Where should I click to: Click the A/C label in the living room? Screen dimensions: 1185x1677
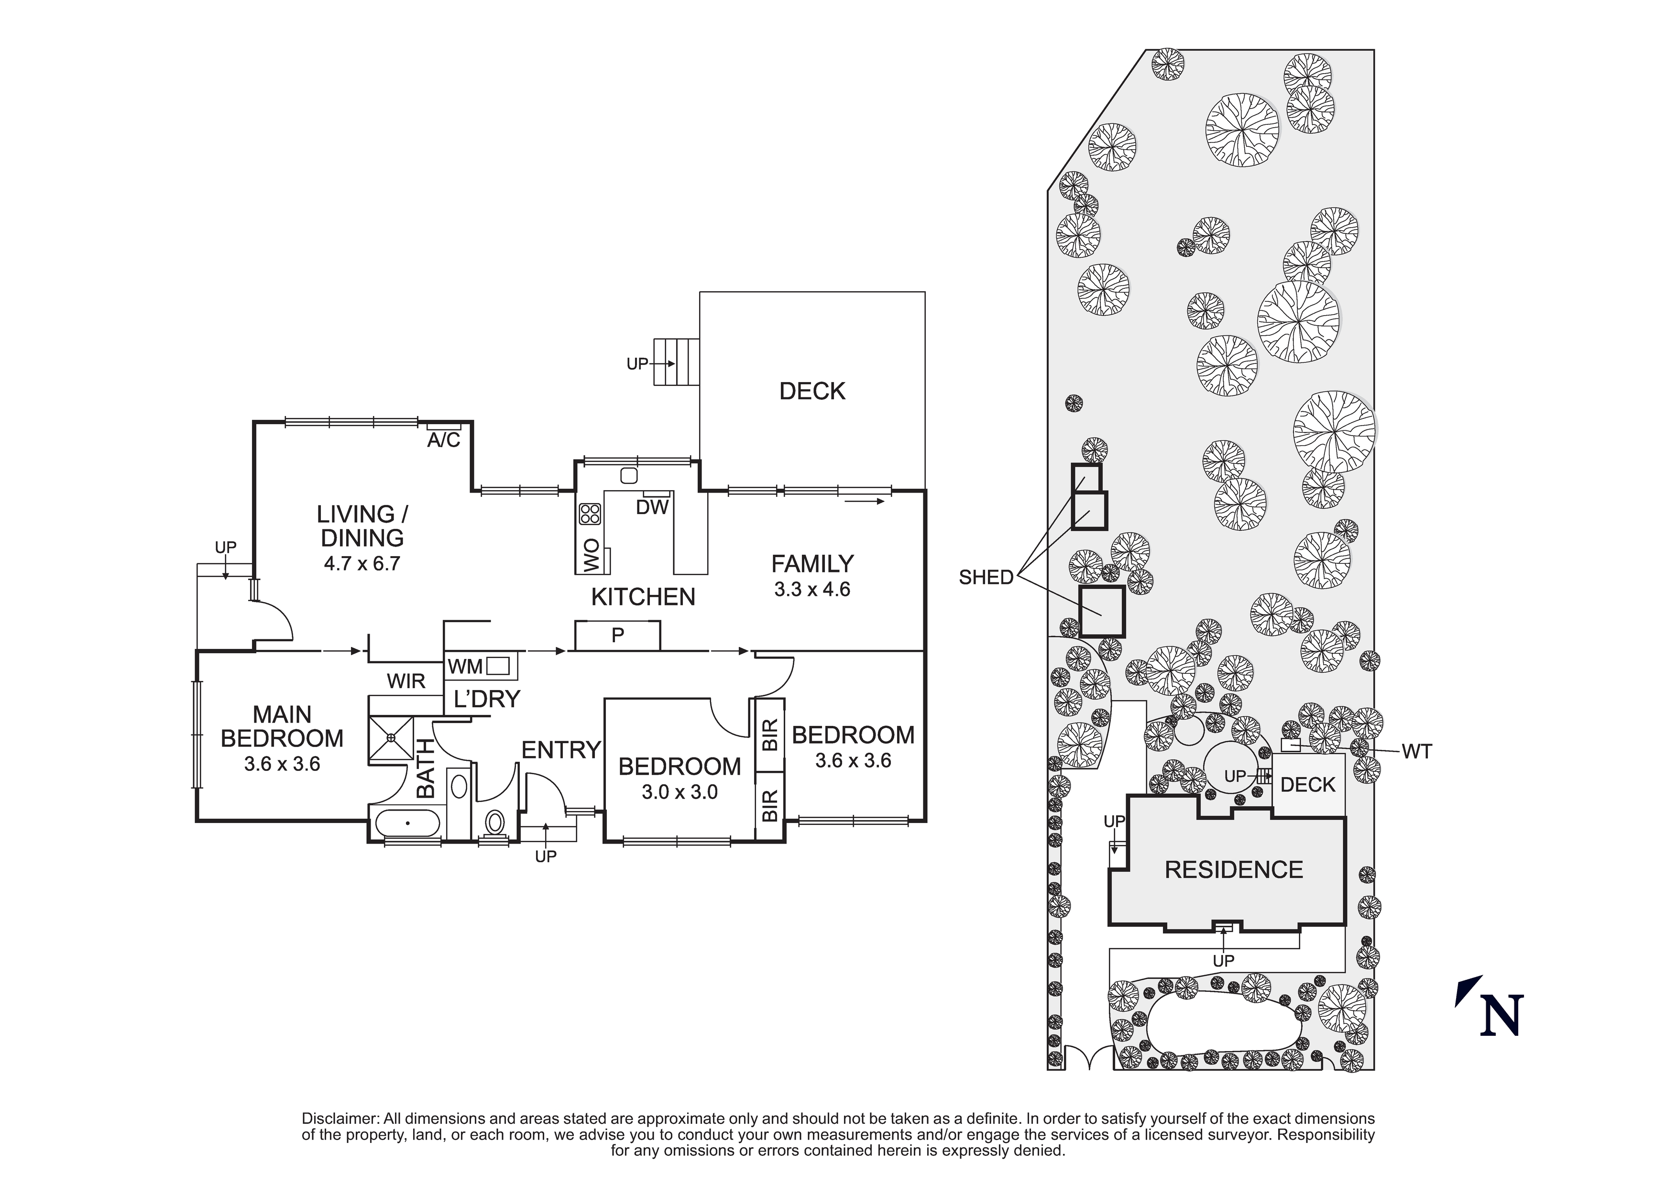point(443,440)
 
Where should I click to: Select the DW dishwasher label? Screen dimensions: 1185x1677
point(651,507)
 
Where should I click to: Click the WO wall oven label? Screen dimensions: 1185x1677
point(592,555)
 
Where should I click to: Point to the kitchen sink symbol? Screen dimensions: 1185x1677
point(628,476)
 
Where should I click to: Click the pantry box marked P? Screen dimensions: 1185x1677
point(617,636)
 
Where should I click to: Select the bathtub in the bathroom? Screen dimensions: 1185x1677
point(407,824)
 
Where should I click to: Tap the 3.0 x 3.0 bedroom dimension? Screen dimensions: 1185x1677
point(680,792)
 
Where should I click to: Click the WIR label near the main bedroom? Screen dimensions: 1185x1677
point(406,681)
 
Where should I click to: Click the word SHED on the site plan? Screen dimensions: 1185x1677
point(986,577)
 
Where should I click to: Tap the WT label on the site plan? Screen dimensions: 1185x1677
point(1416,751)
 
